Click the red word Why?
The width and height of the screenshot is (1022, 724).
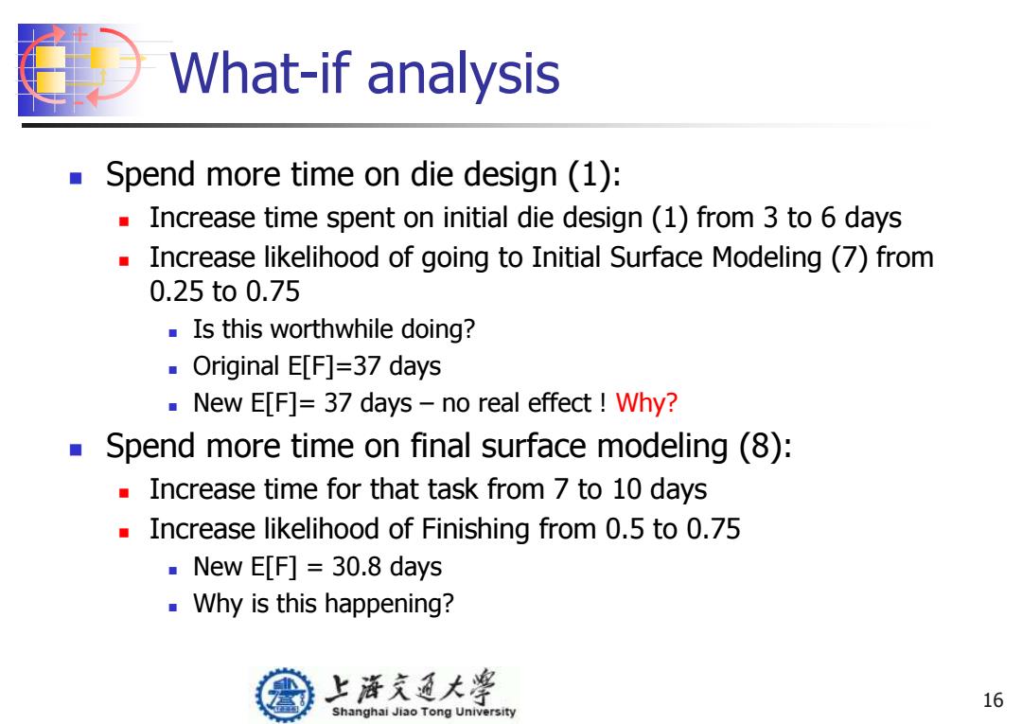pyautogui.click(x=646, y=403)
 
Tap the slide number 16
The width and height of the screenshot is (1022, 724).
pyautogui.click(x=993, y=700)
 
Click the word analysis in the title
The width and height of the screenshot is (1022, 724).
pyautogui.click(x=464, y=74)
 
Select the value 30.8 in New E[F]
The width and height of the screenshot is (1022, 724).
pyautogui.click(x=355, y=566)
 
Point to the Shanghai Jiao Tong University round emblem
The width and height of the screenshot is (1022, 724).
pyautogui.click(x=284, y=695)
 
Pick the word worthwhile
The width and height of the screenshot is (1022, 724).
pyautogui.click(x=331, y=329)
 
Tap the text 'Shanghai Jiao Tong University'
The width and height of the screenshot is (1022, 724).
pyautogui.click(x=424, y=712)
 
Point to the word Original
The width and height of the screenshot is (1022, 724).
pyautogui.click(x=236, y=367)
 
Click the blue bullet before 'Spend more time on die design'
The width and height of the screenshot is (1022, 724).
pyautogui.click(x=76, y=177)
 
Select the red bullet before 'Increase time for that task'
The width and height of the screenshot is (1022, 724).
pyautogui.click(x=124, y=493)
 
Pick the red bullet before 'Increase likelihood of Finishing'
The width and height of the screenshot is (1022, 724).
pyautogui.click(x=124, y=533)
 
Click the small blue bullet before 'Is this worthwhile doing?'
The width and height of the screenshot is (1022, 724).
pyautogui.click(x=173, y=332)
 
